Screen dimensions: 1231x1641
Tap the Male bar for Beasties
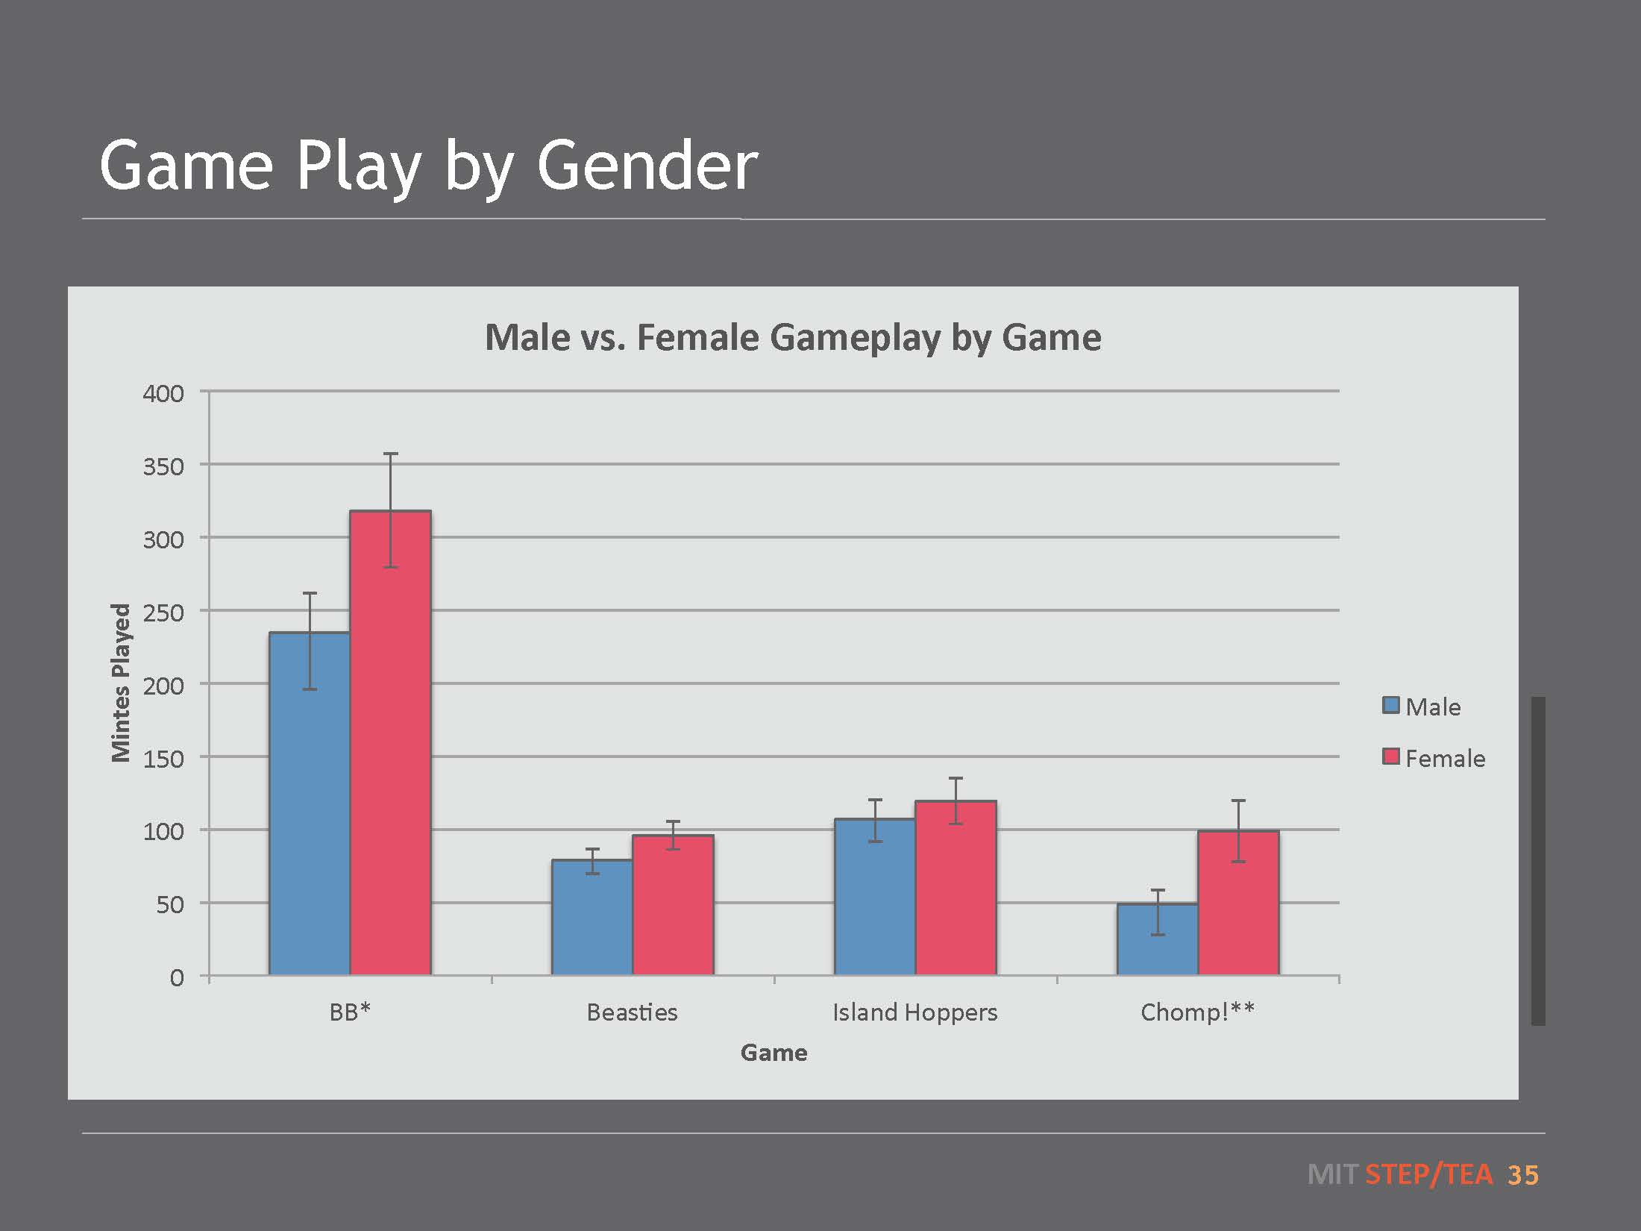pyautogui.click(x=592, y=918)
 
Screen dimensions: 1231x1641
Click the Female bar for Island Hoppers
pyautogui.click(x=956, y=888)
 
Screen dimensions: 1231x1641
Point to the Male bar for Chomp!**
pyautogui.click(x=1158, y=939)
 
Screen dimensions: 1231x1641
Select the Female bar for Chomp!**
pyautogui.click(x=1238, y=903)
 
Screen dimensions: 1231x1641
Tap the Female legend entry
pyautogui.click(x=1434, y=758)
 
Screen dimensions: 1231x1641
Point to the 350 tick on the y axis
pyautogui.click(x=163, y=466)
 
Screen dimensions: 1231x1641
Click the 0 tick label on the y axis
pyautogui.click(x=177, y=977)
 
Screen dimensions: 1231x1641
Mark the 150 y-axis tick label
pyautogui.click(x=163, y=759)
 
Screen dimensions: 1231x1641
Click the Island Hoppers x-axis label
pyautogui.click(x=914, y=1012)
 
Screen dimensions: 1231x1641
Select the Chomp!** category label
pyautogui.click(x=1197, y=1012)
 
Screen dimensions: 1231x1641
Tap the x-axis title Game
pyautogui.click(x=774, y=1053)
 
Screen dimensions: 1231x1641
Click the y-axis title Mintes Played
pyautogui.click(x=121, y=683)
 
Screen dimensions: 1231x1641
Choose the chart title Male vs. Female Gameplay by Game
pyautogui.click(x=793, y=337)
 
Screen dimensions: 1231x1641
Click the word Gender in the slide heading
pyautogui.click(x=647, y=166)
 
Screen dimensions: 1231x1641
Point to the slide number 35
pyautogui.click(x=1522, y=1175)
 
